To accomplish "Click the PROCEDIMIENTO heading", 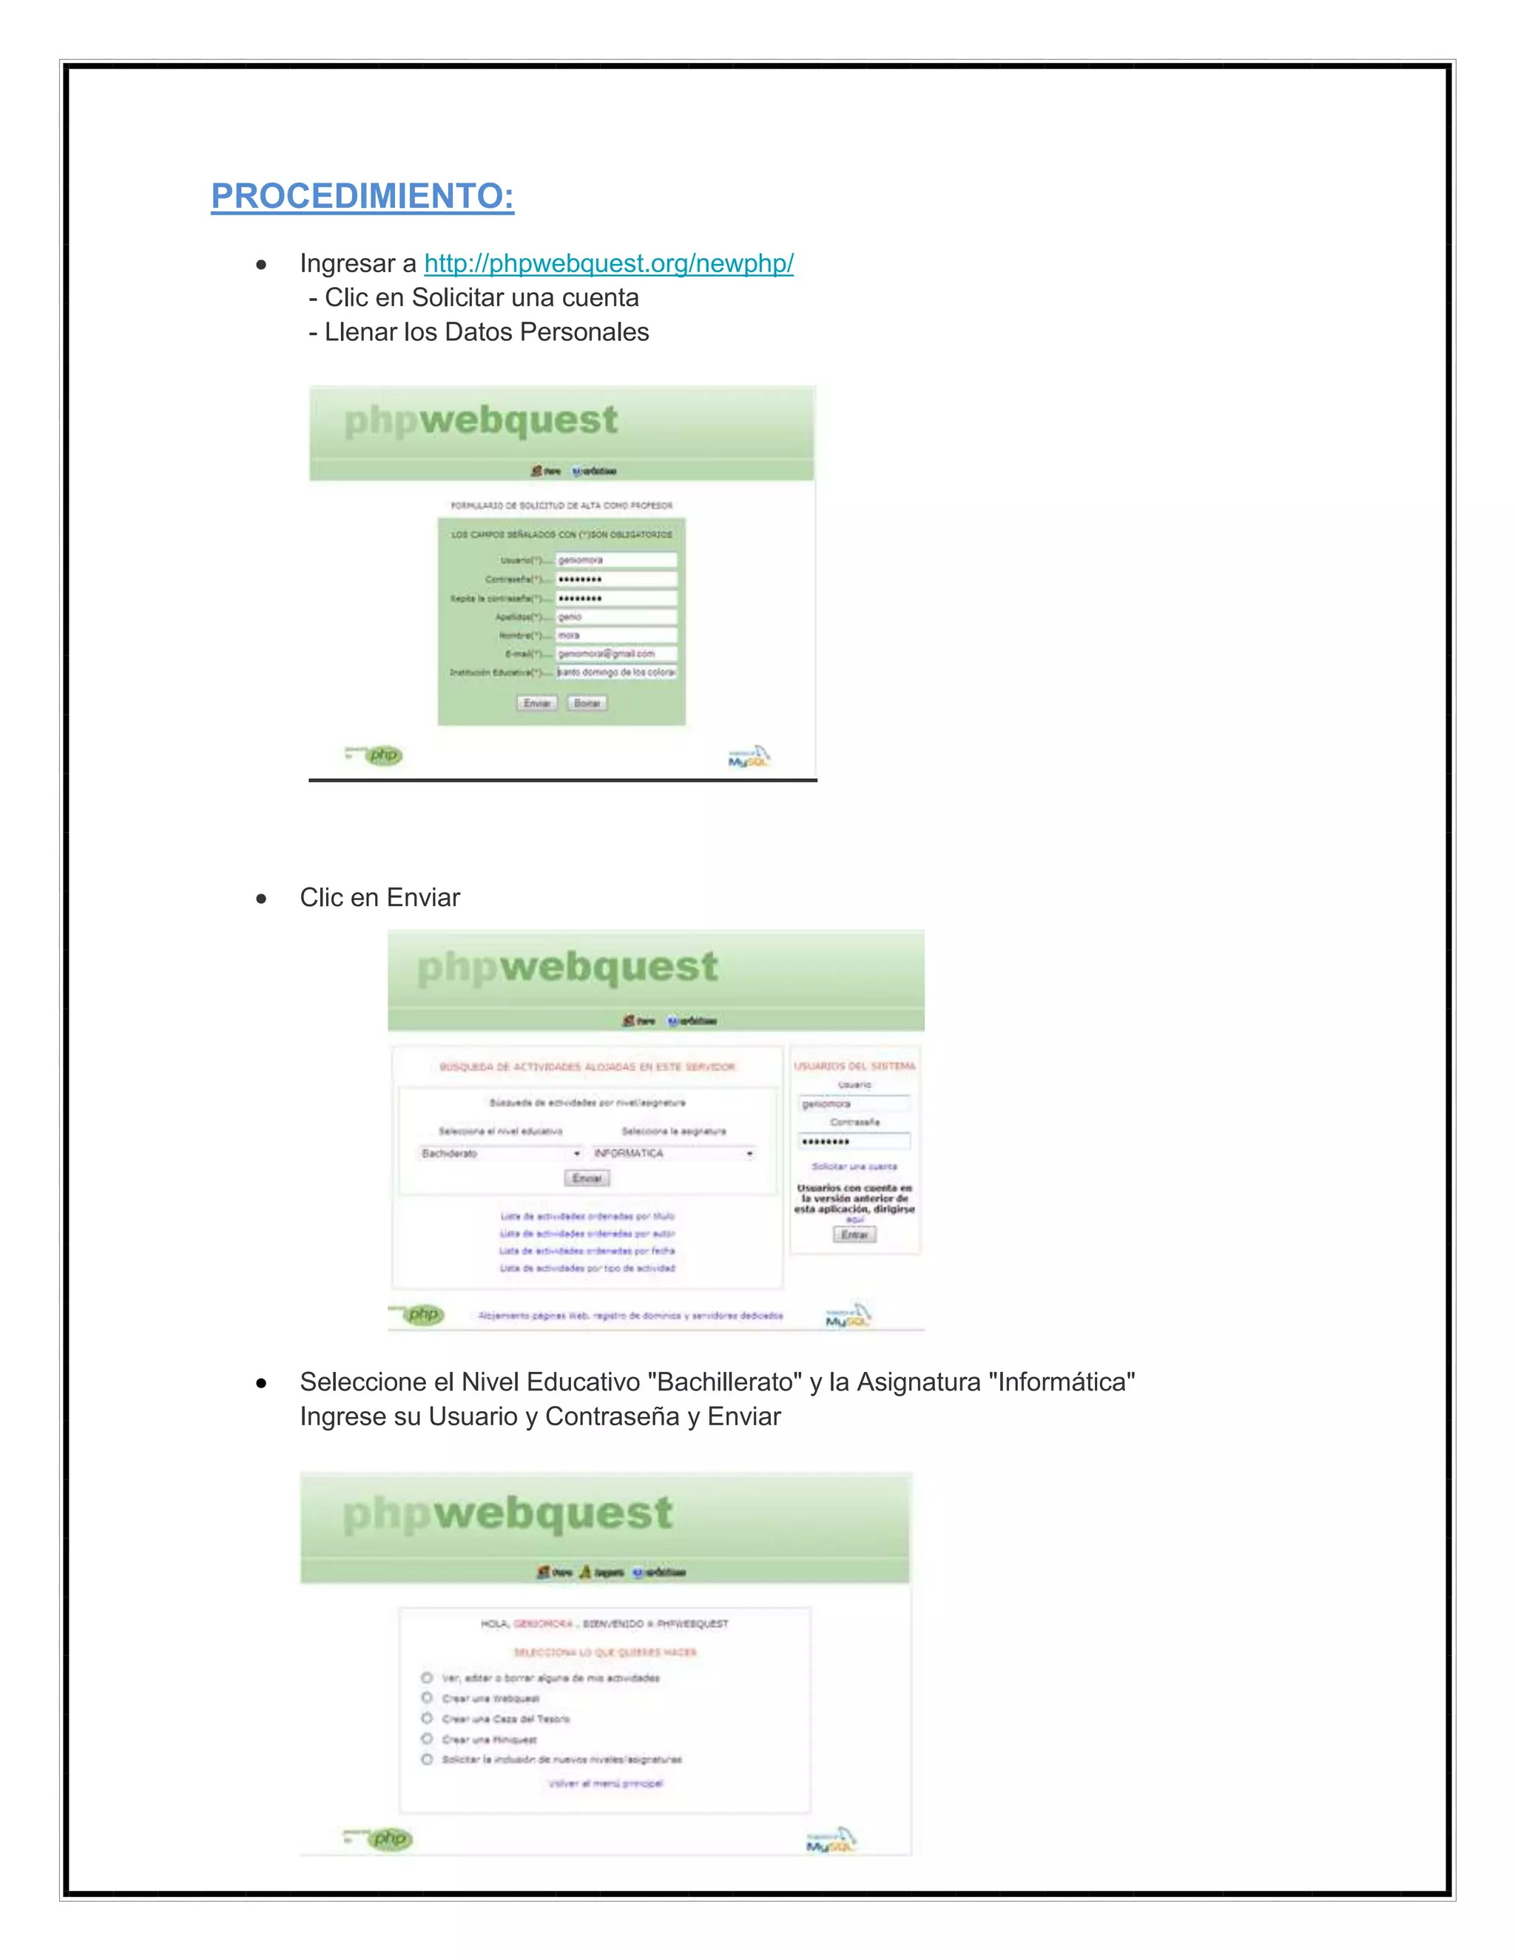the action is click(362, 196).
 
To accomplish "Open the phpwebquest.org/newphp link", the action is click(609, 263).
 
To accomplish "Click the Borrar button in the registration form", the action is click(587, 703).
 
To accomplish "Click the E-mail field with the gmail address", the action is click(615, 653).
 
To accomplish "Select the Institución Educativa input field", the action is click(615, 672).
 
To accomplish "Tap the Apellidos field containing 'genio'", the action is click(615, 617).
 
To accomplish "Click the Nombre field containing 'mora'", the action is click(615, 635).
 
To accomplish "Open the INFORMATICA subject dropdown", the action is click(673, 1153).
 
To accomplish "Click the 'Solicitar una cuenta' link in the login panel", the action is click(854, 1166).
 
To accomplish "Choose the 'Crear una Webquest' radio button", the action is click(428, 1698).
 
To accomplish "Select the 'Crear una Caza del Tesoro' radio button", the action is click(428, 1719).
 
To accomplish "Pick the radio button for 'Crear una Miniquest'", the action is click(428, 1740).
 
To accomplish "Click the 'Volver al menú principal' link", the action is click(605, 1783).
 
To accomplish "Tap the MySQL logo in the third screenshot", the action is click(831, 1839).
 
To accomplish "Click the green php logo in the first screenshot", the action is click(384, 756).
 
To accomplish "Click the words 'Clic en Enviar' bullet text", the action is click(379, 897).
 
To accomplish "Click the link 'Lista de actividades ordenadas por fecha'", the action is click(587, 1251).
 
